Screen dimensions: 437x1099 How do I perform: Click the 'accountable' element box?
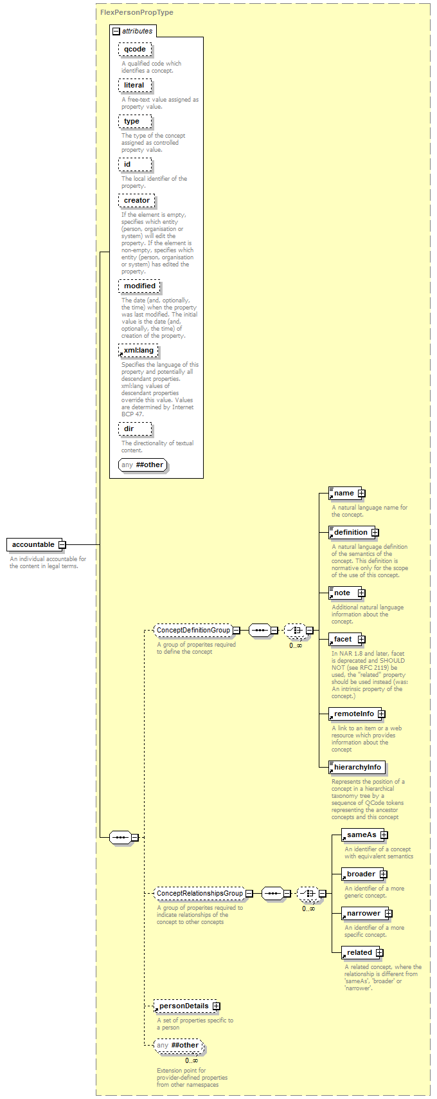[34, 544]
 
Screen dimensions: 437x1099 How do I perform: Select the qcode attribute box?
[135, 49]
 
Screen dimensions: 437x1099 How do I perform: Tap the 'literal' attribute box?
[135, 86]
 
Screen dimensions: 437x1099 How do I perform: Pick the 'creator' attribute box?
[137, 201]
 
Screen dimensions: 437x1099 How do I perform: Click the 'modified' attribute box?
[139, 286]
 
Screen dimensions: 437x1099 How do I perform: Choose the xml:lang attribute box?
[138, 350]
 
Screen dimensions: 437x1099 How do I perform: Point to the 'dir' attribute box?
[135, 429]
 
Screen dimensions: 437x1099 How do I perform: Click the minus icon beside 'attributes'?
[116, 31]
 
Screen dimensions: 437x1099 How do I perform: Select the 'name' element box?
[345, 493]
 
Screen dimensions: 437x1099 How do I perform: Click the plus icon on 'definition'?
[375, 532]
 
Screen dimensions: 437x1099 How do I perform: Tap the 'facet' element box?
[345, 640]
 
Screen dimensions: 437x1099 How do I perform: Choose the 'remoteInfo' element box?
[355, 714]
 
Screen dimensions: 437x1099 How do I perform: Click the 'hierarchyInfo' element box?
[357, 768]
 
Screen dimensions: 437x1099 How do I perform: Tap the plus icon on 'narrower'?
[388, 913]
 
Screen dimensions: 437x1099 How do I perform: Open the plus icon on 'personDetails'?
[216, 1006]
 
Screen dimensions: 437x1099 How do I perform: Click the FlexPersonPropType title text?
[137, 12]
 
